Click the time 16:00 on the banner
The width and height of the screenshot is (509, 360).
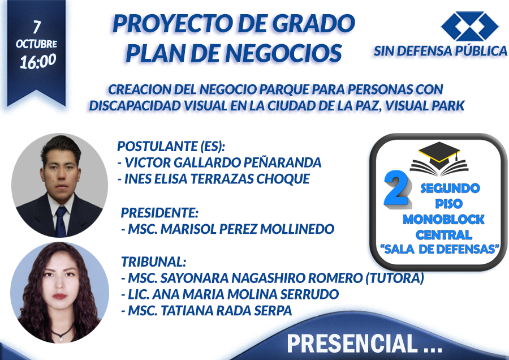[38, 61]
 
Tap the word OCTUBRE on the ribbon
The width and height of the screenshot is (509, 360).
[36, 44]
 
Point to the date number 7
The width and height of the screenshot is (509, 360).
[37, 27]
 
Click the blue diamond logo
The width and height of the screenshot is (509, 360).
[470, 26]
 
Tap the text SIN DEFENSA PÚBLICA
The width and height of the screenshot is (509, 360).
[440, 51]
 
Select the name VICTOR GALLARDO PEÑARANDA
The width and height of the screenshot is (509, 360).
[223, 162]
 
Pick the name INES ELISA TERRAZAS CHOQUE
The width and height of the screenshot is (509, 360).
[217, 179]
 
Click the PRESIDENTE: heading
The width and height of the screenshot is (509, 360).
[159, 213]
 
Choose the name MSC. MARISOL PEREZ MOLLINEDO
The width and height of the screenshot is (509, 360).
[231, 229]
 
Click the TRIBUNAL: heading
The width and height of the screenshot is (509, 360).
[153, 262]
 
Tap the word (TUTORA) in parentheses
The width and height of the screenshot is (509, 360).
[395, 278]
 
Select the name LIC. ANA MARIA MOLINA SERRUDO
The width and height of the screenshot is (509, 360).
[234, 294]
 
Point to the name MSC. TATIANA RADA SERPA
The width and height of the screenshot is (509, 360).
[210, 311]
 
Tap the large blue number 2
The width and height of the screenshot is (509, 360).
[396, 188]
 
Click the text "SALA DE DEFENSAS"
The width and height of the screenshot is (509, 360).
[439, 249]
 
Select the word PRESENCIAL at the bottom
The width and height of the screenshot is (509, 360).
[352, 343]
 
